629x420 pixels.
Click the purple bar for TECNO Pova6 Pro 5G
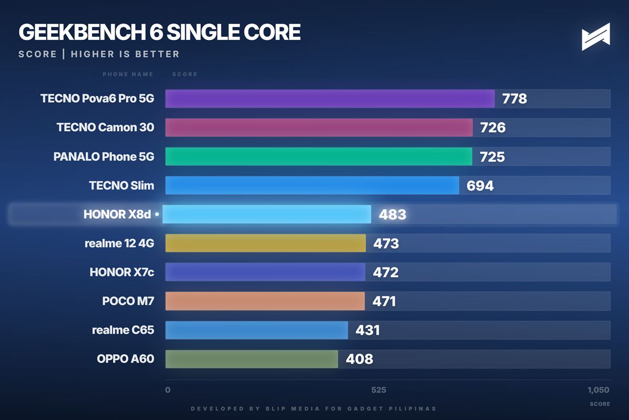coord(330,99)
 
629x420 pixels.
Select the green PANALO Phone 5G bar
coord(319,156)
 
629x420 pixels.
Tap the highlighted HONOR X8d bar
coord(267,214)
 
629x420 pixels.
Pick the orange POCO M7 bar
coord(265,301)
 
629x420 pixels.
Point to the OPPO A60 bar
coord(252,359)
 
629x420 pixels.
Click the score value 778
coord(514,99)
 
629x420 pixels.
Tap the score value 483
coord(393,214)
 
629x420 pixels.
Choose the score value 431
coord(367,330)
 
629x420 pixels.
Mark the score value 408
coord(359,359)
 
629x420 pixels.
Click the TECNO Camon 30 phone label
coord(105,128)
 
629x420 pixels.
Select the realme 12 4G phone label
coord(120,243)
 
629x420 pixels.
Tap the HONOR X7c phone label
coord(122,272)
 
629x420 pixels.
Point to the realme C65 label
coord(123,330)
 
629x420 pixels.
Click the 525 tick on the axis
coord(378,390)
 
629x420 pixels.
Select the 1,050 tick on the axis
coord(598,390)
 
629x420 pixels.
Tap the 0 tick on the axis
coord(168,390)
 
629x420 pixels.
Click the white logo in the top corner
coord(596,37)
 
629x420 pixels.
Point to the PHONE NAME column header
coord(128,74)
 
